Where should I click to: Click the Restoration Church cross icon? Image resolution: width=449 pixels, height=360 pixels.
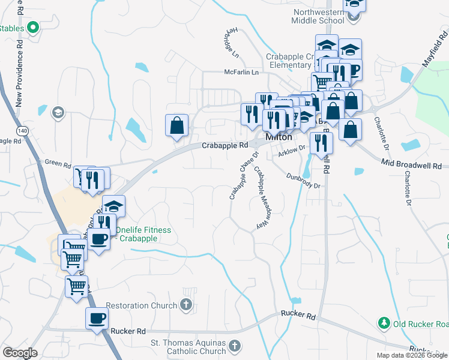point(187,305)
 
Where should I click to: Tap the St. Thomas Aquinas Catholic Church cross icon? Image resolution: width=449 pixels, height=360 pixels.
point(235,346)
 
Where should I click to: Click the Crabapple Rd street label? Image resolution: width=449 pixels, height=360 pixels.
point(224,145)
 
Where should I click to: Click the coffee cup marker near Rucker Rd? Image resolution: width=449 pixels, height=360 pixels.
point(97,319)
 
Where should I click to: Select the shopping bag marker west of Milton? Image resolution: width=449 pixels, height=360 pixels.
point(177,125)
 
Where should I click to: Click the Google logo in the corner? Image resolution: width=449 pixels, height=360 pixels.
point(20,353)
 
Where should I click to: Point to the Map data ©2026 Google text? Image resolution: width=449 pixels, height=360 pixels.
point(411,355)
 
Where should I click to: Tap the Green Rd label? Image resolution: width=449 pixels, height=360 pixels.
point(58,163)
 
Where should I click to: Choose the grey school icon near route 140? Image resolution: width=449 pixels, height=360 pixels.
point(58,112)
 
